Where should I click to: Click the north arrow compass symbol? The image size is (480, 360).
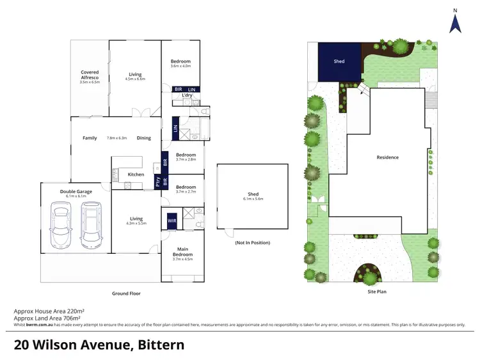(x=454, y=22)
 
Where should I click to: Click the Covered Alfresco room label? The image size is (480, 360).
(x=89, y=72)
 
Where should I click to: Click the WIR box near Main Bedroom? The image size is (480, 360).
(x=172, y=221)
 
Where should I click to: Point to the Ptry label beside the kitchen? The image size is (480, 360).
(x=157, y=181)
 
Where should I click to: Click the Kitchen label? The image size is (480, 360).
(x=135, y=175)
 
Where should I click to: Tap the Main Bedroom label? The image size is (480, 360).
(x=182, y=254)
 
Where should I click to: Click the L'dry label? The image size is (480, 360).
(x=187, y=95)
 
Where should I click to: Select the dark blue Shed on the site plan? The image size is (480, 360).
(x=339, y=62)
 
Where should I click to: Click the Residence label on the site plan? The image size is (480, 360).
(x=387, y=157)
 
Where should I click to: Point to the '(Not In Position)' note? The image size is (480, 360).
(x=252, y=243)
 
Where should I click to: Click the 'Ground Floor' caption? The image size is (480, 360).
(x=126, y=293)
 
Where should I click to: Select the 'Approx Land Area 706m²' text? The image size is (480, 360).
(x=47, y=318)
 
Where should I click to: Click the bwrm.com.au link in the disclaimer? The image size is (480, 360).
(x=38, y=325)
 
